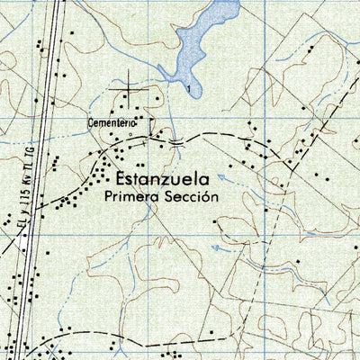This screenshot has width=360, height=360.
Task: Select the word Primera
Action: (131, 194)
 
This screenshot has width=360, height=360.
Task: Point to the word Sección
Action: (190, 194)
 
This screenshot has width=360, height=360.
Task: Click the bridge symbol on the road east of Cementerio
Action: (177, 141)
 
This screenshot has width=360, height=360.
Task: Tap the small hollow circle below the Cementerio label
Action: (130, 135)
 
